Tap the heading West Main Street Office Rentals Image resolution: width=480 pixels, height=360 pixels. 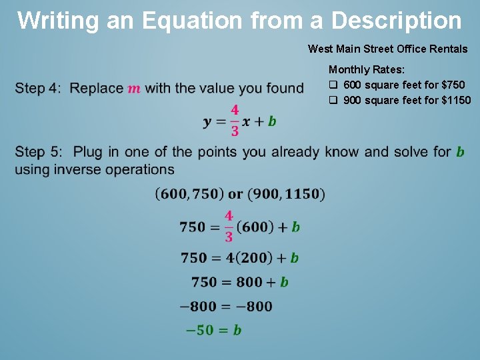[x=387, y=49]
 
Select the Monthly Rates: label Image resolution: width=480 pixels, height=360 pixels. [x=366, y=69]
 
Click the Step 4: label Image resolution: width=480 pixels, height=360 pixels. [x=38, y=88]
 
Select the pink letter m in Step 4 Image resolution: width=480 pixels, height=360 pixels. [x=134, y=89]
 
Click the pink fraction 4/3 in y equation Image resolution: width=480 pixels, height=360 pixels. [x=235, y=121]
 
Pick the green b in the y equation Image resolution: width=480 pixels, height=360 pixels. [x=272, y=121]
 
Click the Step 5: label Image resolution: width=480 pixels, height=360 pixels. [x=38, y=152]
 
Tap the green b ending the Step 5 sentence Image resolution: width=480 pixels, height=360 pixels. [x=460, y=152]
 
